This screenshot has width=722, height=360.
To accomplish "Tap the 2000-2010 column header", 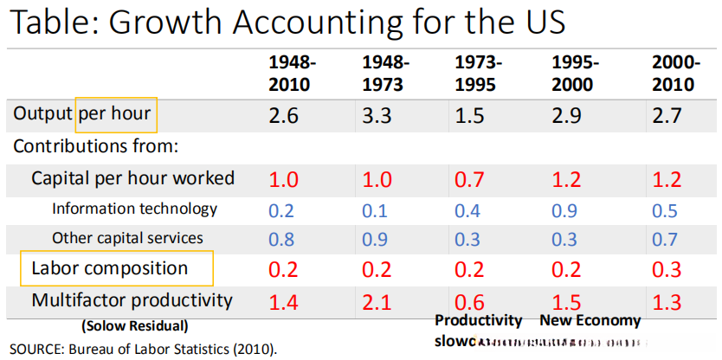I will pyautogui.click(x=674, y=74).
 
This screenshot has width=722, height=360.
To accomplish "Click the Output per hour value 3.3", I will pyautogui.click(x=378, y=115).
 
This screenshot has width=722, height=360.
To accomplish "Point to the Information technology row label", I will pyautogui.click(x=134, y=209).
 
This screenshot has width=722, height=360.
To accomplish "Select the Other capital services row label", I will pyautogui.click(x=127, y=238).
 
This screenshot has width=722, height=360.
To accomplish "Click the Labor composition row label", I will pyautogui.click(x=109, y=268).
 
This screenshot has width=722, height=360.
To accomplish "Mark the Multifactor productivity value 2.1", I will pyautogui.click(x=378, y=302).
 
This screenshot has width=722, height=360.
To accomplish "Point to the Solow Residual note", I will pyautogui.click(x=134, y=327).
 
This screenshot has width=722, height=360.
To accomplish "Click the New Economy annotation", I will pyautogui.click(x=590, y=320).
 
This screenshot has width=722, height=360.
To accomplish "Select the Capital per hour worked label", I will pyautogui.click(x=132, y=178).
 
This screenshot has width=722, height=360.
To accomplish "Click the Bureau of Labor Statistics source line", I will pyautogui.click(x=145, y=350).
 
